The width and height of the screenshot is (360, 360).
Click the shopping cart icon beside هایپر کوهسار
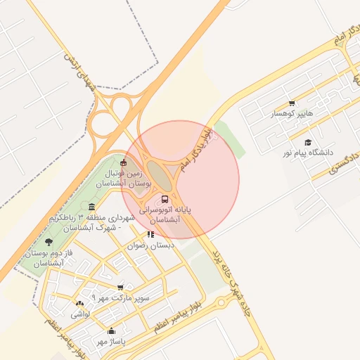pos(292,103)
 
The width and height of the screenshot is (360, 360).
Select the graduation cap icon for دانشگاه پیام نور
pos(308,142)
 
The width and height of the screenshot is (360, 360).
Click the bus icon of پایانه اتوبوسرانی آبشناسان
pos(165,199)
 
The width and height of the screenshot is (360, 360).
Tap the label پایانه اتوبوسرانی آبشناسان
pos(165,214)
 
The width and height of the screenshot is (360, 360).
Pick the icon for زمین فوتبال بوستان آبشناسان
pos(124,163)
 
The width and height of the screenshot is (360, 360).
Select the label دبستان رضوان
pos(150,246)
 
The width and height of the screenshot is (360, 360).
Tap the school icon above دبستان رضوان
pos(150,235)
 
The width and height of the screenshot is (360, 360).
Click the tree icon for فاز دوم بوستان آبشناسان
pos(48,242)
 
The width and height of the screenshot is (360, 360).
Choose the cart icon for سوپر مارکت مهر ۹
pos(120,287)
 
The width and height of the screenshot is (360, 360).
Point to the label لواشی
pos(79,315)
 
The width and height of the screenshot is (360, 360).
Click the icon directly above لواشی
pos(79,304)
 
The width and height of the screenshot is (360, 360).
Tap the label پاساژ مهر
pos(110,342)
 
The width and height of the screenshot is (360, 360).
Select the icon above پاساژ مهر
pos(110,330)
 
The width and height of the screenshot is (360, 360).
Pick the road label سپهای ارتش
pos(78,71)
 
